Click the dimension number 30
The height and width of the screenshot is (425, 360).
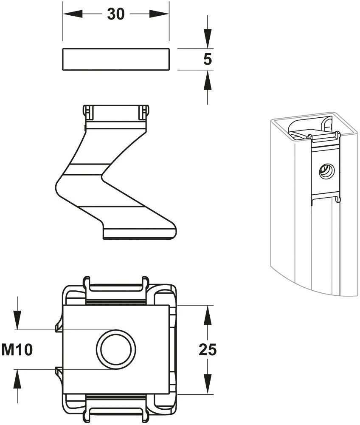point(115,14)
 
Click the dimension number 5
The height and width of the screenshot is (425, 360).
point(208,59)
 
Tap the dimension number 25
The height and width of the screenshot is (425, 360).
point(208,349)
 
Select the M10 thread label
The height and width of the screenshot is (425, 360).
point(17,350)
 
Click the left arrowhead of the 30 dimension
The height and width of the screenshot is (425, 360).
point(73,14)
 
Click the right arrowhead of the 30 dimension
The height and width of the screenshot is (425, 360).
point(160,14)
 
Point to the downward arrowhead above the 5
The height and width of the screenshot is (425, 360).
point(208,39)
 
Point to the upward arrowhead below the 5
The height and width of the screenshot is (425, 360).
point(208,80)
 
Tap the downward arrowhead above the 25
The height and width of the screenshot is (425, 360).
point(208,315)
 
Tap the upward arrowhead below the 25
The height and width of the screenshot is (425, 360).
point(208,384)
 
